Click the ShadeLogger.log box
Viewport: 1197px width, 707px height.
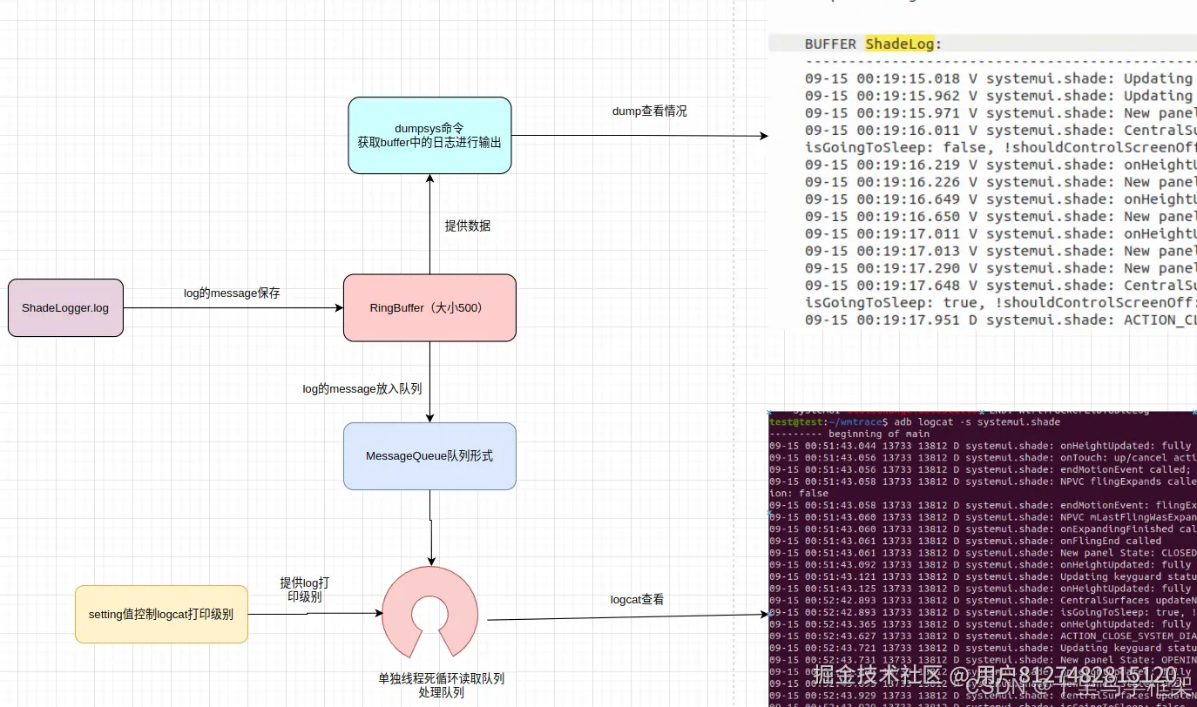(x=65, y=308)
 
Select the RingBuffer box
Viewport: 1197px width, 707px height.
(x=429, y=307)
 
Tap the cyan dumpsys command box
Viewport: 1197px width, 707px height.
(x=429, y=135)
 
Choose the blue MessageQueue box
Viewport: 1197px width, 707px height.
(x=429, y=455)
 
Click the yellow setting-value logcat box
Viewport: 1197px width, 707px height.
(x=161, y=614)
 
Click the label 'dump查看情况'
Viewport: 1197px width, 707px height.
(x=650, y=111)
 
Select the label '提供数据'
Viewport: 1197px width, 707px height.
(x=468, y=226)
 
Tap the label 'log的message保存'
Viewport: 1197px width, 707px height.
(x=232, y=293)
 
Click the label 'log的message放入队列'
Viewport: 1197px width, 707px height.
(x=362, y=389)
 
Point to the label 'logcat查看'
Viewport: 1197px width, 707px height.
(x=637, y=599)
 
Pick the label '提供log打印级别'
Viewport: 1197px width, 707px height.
(x=304, y=589)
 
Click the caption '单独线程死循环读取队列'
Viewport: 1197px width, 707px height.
(x=441, y=678)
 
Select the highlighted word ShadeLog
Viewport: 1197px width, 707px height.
(x=899, y=44)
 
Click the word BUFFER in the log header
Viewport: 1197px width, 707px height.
(x=830, y=44)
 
